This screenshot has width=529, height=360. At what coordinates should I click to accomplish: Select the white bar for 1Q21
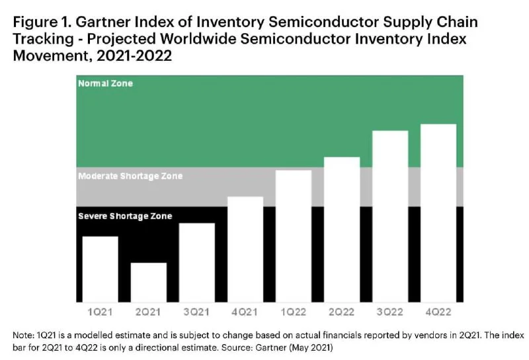pyautogui.click(x=100, y=269)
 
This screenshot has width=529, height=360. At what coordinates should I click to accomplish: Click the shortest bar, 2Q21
pyautogui.click(x=148, y=282)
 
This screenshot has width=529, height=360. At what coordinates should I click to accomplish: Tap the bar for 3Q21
pyautogui.click(x=196, y=262)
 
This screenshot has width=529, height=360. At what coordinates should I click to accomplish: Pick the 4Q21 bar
pyautogui.click(x=245, y=249)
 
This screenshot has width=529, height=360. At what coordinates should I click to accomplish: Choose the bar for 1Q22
pyautogui.click(x=293, y=236)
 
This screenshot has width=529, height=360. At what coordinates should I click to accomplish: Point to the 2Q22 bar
pyautogui.click(x=341, y=229)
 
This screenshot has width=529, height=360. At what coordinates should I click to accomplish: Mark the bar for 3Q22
pyautogui.click(x=389, y=216)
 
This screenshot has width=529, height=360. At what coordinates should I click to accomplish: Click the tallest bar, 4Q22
pyautogui.click(x=438, y=212)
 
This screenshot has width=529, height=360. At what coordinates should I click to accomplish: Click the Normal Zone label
pyautogui.click(x=105, y=84)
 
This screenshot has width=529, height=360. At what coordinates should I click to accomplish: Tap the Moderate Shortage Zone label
pyautogui.click(x=130, y=177)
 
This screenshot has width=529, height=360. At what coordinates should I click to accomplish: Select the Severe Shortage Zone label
pyautogui.click(x=124, y=216)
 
